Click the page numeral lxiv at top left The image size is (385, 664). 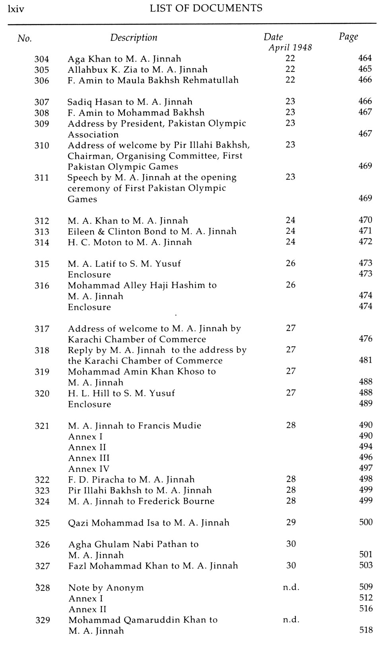pos(16,9)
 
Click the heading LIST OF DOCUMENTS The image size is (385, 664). pos(206,8)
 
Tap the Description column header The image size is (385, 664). pos(134,38)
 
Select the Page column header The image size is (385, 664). pos(348,37)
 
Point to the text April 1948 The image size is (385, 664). pos(290,48)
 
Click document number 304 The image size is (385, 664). pos(42,59)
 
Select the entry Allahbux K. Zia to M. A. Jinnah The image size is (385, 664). pos(137,70)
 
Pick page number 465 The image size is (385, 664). pos(365,69)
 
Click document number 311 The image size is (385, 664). pos(42,178)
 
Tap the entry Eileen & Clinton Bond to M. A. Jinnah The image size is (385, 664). pos(152,231)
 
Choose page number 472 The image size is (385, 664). pos(365,241)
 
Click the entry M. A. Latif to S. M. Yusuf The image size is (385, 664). pos(124,264)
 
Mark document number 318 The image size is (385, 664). pos(42,350)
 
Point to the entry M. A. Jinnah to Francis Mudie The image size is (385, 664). pos(134,426)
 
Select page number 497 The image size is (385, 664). pos(366,468)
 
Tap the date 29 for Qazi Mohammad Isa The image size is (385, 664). pos(291,522)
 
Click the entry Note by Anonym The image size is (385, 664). pos(106,588)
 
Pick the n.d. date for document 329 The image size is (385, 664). pos(291,619)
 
